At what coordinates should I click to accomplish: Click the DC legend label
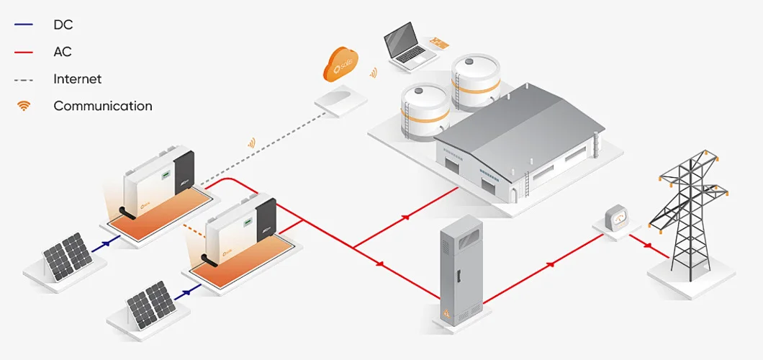63,25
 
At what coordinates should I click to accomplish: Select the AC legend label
63,52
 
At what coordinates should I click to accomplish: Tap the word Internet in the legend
77,79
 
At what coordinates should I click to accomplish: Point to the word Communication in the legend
102,106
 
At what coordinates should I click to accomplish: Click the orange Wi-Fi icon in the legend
24,106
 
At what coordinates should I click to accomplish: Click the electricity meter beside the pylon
617,217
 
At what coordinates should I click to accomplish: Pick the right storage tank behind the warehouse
475,79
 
